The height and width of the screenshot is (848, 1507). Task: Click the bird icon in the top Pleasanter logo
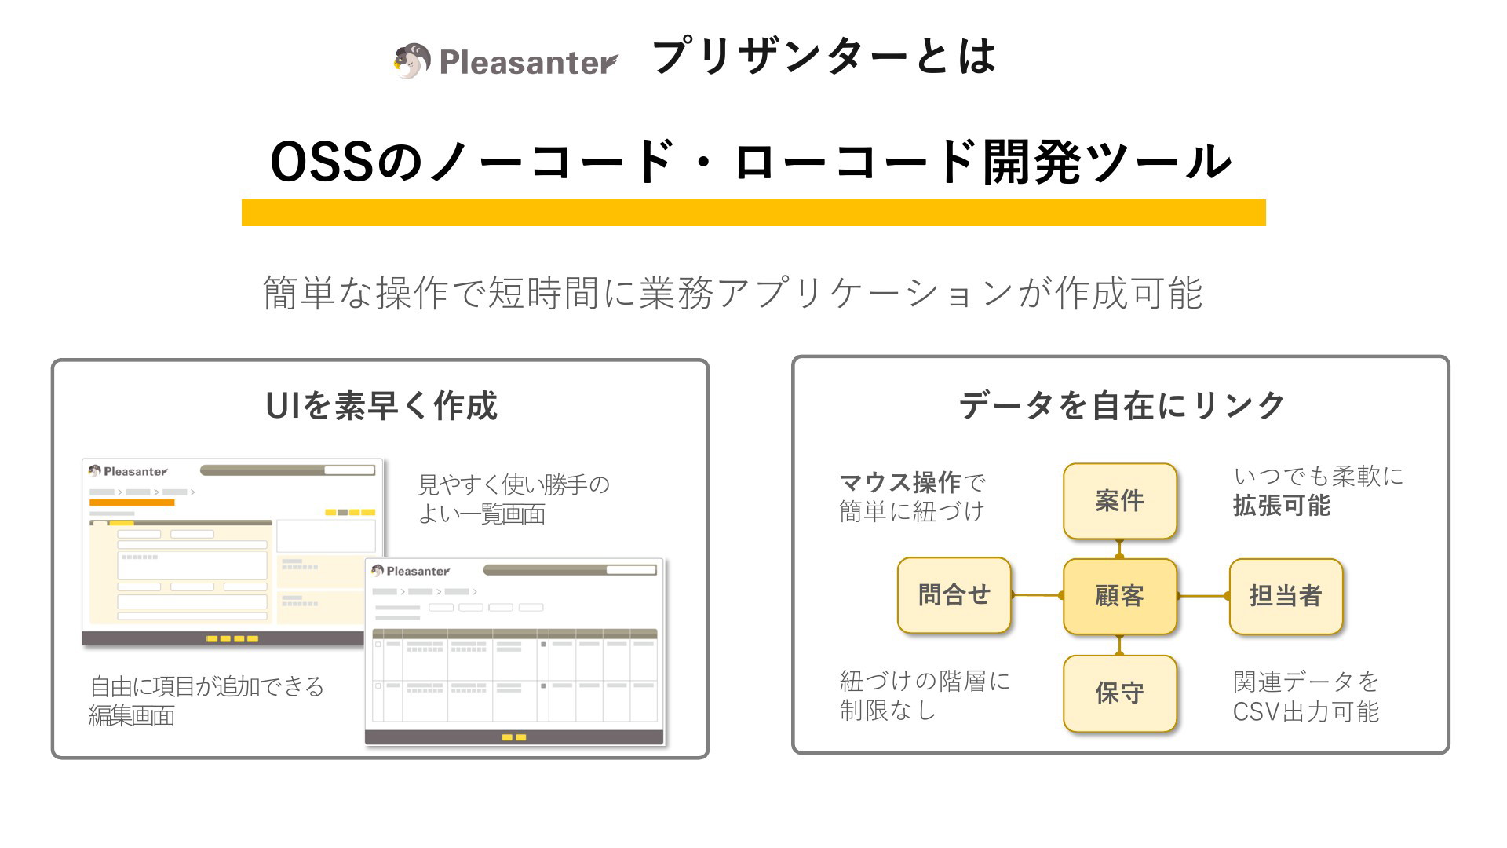click(412, 60)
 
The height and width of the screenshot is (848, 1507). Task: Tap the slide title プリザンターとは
click(824, 57)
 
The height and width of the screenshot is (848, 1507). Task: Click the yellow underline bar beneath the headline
click(753, 213)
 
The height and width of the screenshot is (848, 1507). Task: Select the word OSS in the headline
click(321, 162)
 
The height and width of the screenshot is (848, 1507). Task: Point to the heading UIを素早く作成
click(381, 406)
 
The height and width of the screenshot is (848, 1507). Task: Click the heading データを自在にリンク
click(1122, 406)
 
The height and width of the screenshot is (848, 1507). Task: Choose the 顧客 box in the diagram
click(1120, 596)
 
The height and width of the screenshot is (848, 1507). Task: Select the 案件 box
click(1120, 501)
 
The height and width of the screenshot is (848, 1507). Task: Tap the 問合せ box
click(954, 595)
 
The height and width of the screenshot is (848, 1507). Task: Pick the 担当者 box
click(1286, 596)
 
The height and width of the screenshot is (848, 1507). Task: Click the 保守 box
click(1120, 693)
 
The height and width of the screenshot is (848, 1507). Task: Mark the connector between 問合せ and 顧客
click(1037, 595)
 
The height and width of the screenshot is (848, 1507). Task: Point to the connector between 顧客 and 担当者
click(1203, 596)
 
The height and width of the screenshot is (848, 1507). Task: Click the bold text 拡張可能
click(1282, 506)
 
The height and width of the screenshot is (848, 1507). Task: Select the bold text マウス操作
click(900, 482)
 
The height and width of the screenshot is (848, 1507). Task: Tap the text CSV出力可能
click(1306, 711)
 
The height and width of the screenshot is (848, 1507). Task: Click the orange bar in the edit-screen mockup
click(132, 503)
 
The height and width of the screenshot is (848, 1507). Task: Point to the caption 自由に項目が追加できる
click(207, 686)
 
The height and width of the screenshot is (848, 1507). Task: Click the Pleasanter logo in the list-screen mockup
click(411, 571)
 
